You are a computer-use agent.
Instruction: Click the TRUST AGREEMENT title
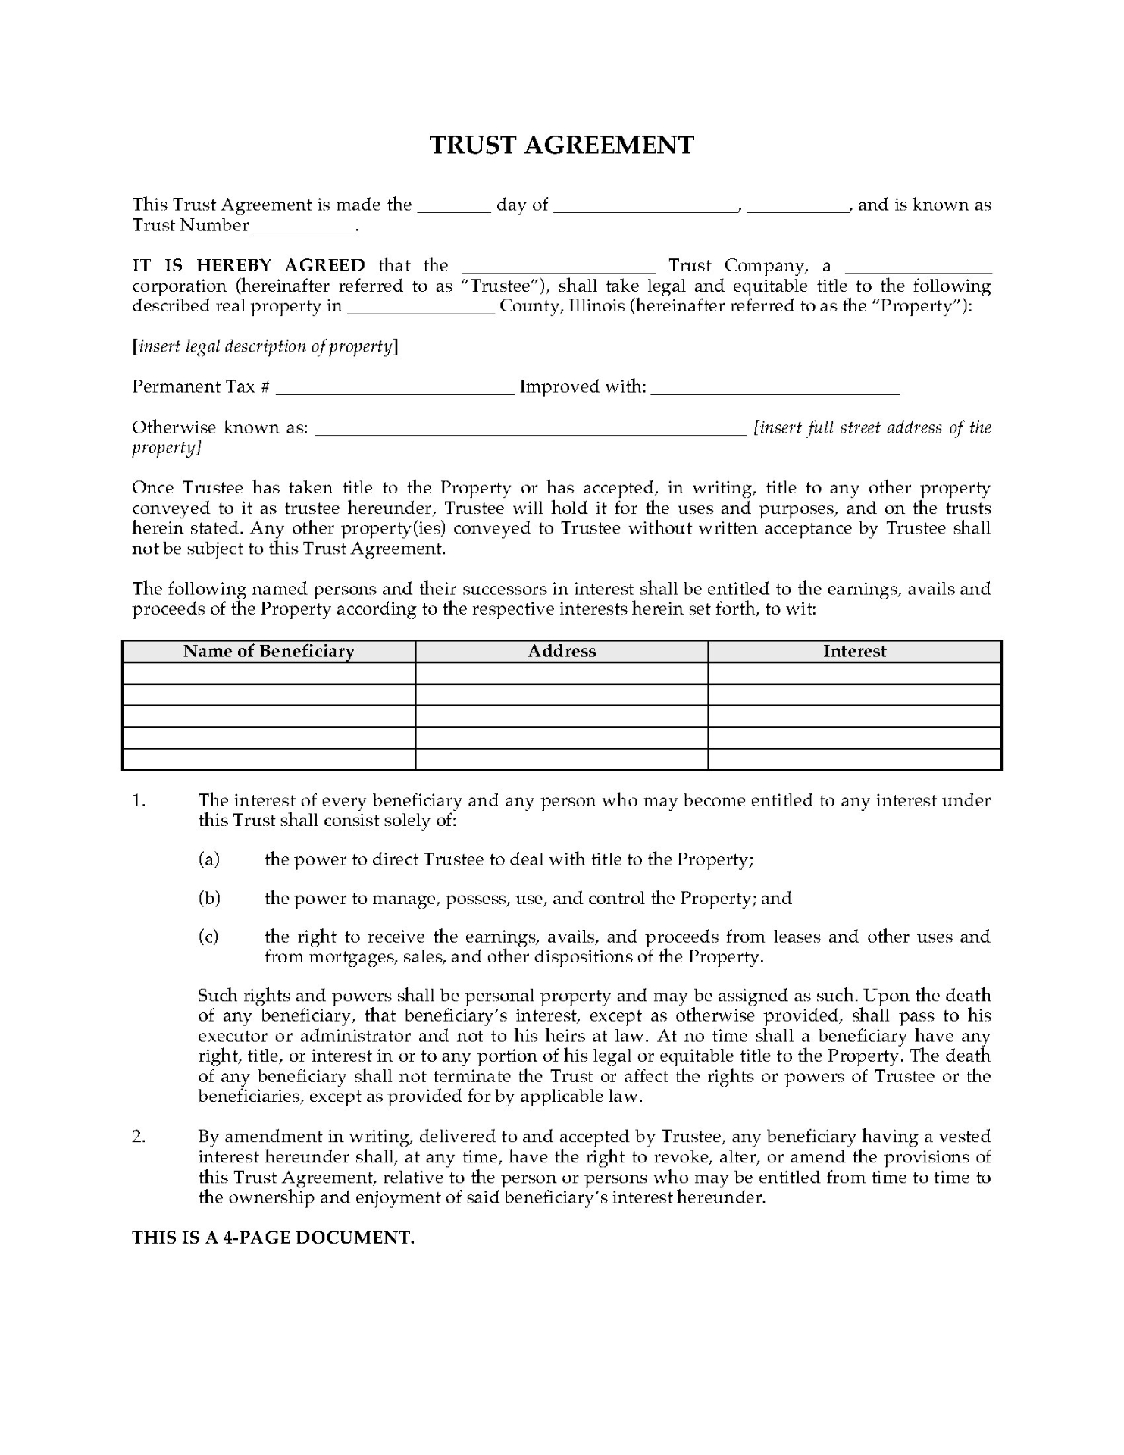[562, 145]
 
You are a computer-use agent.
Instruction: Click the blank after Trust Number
[304, 227]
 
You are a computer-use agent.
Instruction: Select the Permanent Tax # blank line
[395, 389]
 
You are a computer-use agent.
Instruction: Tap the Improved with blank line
[775, 389]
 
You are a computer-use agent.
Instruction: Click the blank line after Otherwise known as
[531, 430]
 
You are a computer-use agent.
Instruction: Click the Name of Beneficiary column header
[269, 651]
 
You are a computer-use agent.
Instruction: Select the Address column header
[562, 651]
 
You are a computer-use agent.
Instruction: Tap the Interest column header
[855, 651]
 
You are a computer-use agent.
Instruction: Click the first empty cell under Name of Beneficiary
[269, 673]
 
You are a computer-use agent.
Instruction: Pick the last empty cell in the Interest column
[855, 759]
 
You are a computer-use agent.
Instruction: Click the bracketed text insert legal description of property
[265, 347]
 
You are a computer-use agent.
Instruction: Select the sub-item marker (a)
[208, 859]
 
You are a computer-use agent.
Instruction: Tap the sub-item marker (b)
[208, 899]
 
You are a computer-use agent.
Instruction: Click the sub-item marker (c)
[208, 937]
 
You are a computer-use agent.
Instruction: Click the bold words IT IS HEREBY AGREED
[249, 266]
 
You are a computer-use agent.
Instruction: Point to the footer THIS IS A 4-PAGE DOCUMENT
[274, 1238]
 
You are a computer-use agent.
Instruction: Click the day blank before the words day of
[454, 207]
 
